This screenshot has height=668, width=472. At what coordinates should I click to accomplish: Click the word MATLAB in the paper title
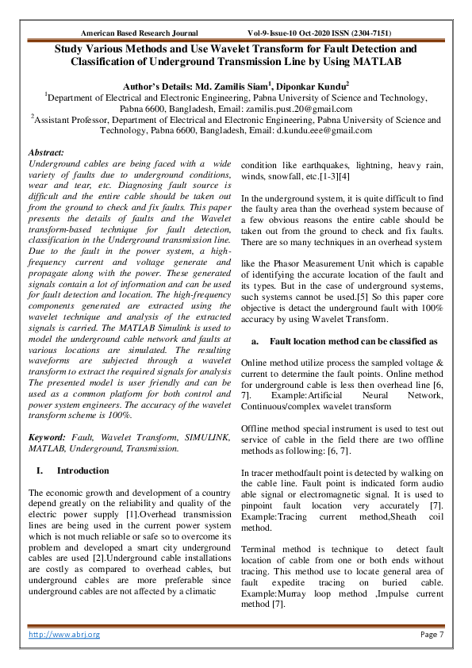point(374,60)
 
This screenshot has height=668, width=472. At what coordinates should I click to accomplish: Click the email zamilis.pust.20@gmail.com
point(303,107)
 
